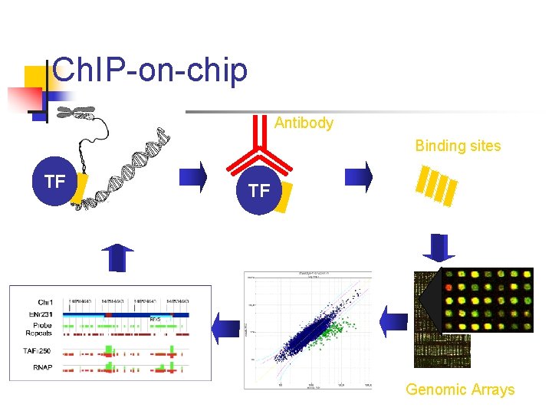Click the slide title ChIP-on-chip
(x=151, y=71)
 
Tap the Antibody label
(x=304, y=123)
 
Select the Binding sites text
(x=458, y=146)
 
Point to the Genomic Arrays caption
(x=460, y=389)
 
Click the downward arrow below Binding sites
(x=439, y=248)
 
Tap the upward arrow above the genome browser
(x=117, y=257)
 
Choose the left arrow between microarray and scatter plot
(x=395, y=322)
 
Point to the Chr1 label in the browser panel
(x=45, y=301)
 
